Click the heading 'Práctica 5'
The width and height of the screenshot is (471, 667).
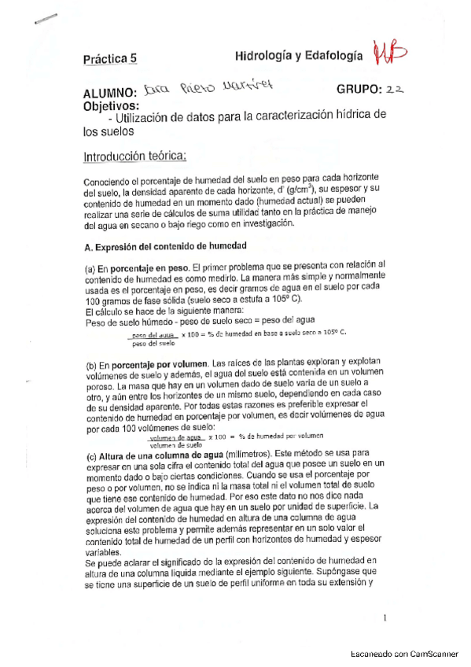[110, 57]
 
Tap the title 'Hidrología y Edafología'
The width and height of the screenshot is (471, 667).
[299, 55]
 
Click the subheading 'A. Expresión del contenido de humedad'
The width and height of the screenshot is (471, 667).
[165, 246]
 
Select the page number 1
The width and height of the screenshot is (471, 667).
[385, 618]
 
